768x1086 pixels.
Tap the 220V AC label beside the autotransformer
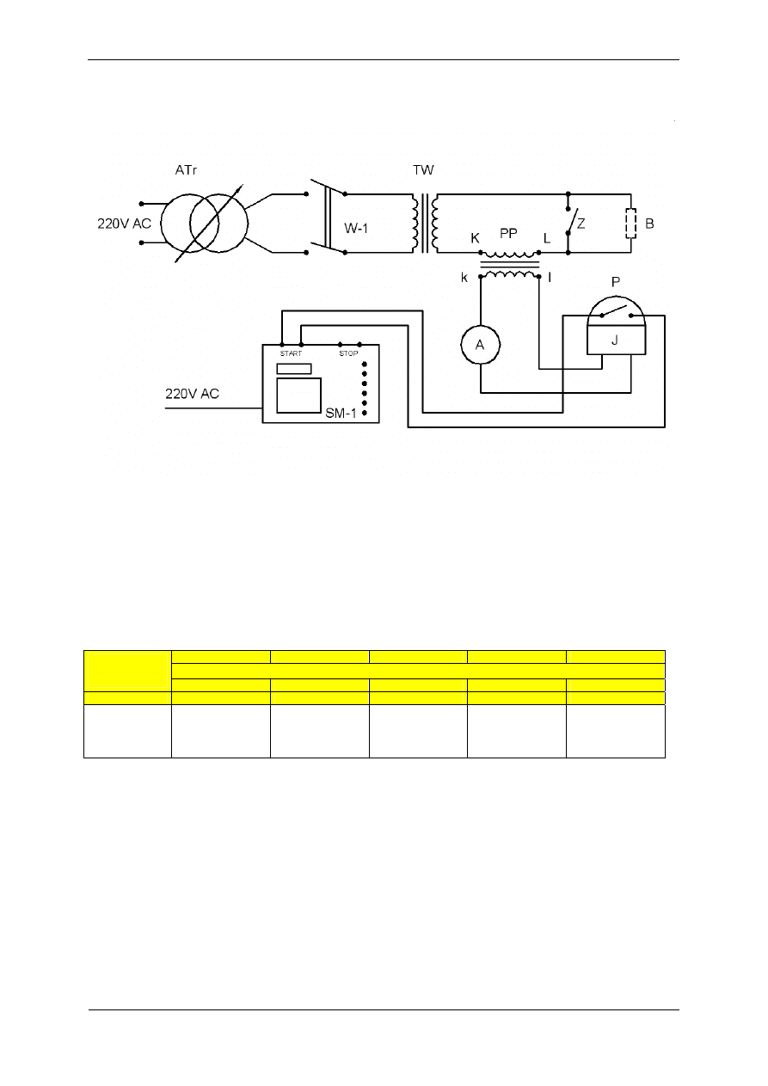click(125, 224)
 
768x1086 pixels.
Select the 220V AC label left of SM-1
click(193, 395)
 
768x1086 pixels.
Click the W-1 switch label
click(358, 229)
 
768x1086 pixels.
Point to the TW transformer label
click(424, 171)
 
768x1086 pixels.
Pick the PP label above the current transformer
click(509, 233)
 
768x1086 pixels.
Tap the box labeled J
click(617, 340)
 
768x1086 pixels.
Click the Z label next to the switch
click(582, 223)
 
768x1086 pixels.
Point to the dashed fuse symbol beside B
click(631, 224)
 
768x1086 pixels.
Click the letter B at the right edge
click(649, 224)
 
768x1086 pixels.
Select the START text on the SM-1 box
click(291, 354)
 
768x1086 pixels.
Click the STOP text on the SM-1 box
click(348, 354)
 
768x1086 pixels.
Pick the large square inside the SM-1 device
click(298, 396)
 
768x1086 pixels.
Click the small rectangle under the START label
click(293, 368)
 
